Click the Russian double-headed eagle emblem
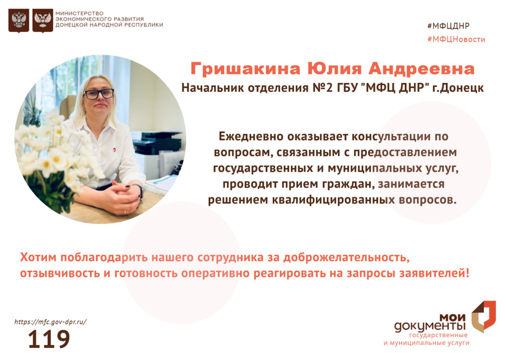pos(19,20)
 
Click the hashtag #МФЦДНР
pos(448,26)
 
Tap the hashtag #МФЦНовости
pos(456,39)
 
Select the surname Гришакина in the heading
pos(245,69)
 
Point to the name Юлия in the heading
pos(334,69)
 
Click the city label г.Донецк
pos(458,88)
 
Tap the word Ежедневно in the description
pos(251,136)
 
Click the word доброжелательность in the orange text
pos(347,258)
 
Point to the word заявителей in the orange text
pos(434,273)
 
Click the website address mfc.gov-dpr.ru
pos(50,322)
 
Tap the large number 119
pos(49,339)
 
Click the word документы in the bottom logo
pos(430,327)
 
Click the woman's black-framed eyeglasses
pos(98,94)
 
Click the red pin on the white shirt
pos(114,150)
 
